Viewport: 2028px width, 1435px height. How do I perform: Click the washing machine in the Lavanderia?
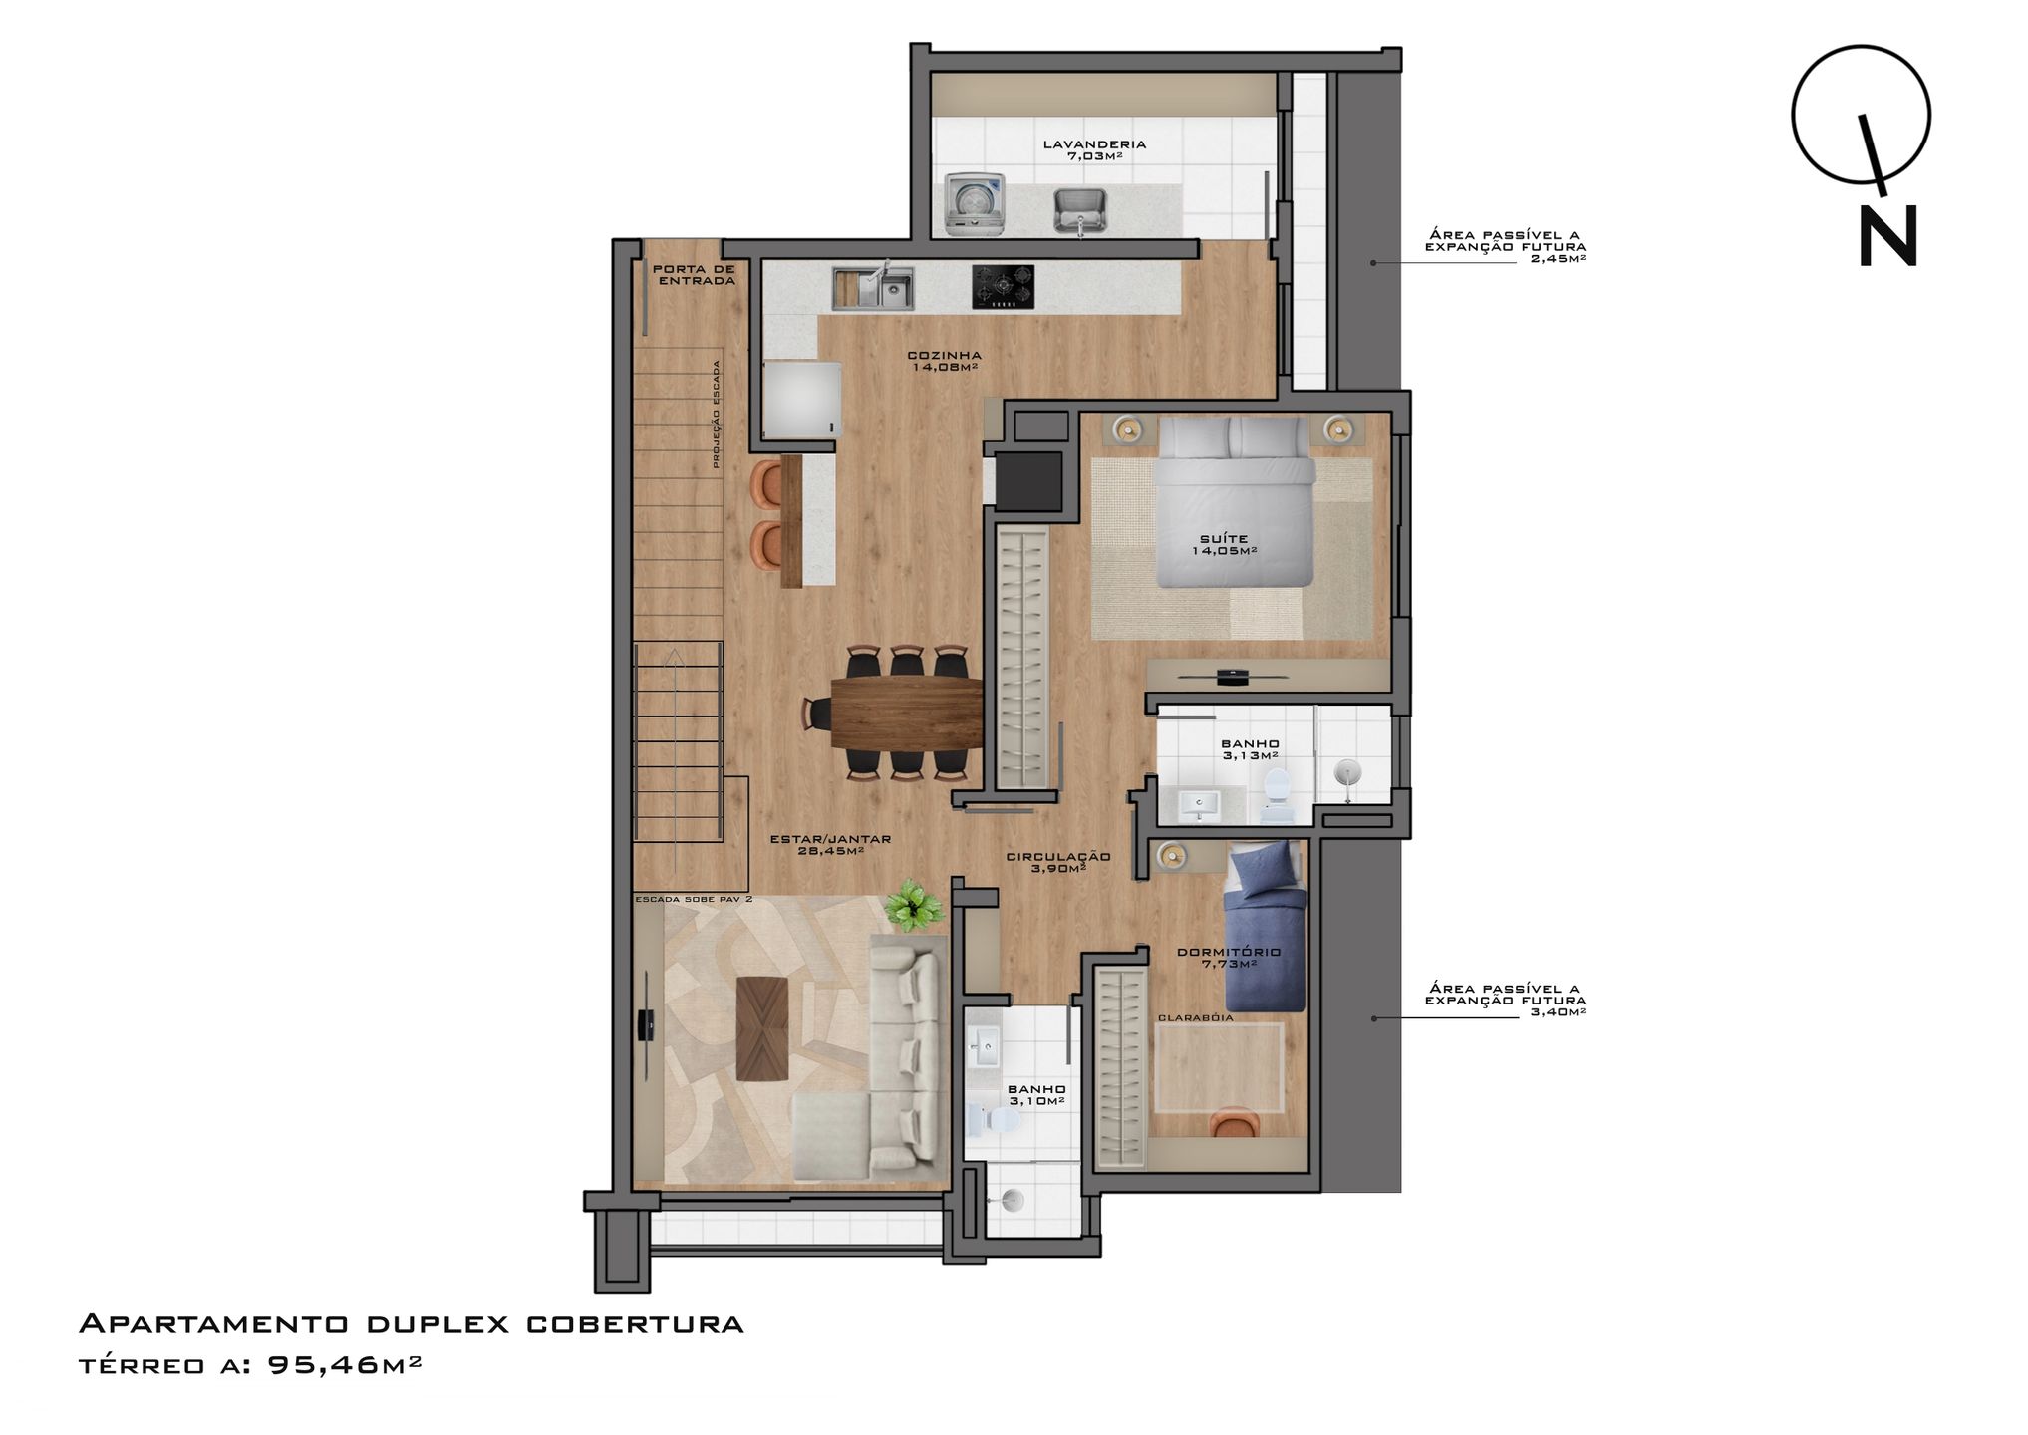tap(974, 204)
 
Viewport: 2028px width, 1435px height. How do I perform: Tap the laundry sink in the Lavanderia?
tap(1080, 211)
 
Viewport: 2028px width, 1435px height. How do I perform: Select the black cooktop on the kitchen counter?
tap(1003, 286)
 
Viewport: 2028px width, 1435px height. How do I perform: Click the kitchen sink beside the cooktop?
tap(873, 288)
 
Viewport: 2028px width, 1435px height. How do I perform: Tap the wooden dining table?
tap(907, 713)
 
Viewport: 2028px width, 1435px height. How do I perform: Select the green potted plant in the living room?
tap(913, 905)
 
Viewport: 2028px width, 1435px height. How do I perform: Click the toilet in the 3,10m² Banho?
tap(996, 1121)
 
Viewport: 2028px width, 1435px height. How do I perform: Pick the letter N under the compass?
tap(1888, 237)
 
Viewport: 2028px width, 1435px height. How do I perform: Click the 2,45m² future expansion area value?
tap(1558, 259)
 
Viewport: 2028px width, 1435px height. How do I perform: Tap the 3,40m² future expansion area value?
tap(1558, 1012)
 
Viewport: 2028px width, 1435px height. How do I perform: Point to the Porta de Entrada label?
tap(694, 275)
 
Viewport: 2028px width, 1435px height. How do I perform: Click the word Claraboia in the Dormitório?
tap(1196, 1018)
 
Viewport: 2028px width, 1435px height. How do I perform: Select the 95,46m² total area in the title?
tap(345, 1364)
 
